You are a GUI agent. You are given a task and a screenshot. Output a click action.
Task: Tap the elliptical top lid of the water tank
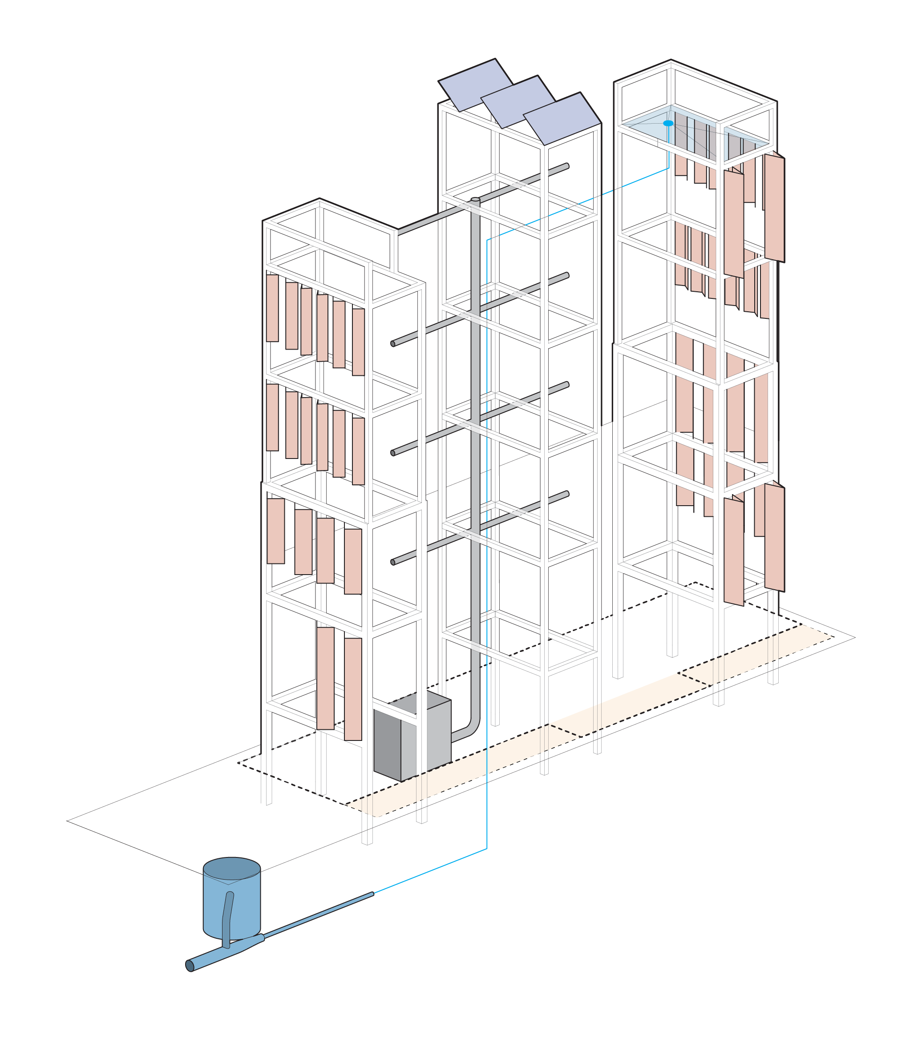(232, 869)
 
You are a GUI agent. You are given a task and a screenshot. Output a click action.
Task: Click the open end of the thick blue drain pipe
(190, 966)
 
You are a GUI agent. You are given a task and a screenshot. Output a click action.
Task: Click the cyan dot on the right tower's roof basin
(668, 123)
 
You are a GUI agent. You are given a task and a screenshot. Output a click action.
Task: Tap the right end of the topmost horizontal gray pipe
(567, 165)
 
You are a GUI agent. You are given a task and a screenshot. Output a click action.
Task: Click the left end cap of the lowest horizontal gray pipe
(392, 562)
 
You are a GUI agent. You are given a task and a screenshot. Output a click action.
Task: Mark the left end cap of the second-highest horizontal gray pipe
(392, 344)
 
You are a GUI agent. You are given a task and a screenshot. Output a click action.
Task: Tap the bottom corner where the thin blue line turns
(487, 849)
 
